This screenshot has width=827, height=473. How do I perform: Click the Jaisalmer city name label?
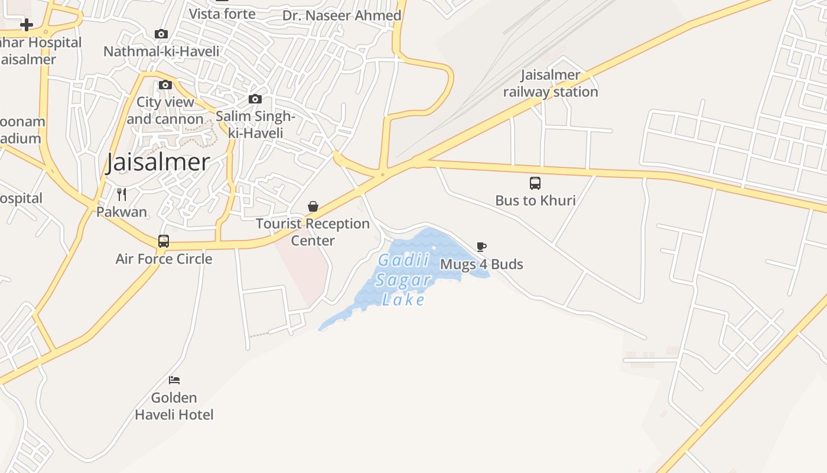point(158,163)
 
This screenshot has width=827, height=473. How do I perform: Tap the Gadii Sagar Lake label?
point(403,280)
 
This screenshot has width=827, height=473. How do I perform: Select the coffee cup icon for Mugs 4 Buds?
point(481,247)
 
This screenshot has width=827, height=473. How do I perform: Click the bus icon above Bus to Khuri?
point(535,183)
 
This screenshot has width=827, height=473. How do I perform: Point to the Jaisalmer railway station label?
point(551,83)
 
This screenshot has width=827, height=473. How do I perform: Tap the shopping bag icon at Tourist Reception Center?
point(313,206)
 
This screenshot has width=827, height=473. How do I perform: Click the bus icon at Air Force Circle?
point(164,241)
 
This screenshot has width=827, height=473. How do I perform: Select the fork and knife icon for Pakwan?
point(122,194)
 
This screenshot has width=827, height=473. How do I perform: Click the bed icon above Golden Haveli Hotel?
point(174,380)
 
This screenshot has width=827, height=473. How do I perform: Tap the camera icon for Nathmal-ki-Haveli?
point(161,34)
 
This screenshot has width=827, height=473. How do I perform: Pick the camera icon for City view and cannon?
point(165,85)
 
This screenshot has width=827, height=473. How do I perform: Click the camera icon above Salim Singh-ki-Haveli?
point(255,99)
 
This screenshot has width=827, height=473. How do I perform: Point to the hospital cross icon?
point(27,25)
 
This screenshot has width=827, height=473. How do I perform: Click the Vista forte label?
point(222,14)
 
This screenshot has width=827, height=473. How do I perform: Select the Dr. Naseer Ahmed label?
point(342,15)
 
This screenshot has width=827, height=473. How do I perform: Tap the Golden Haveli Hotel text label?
point(174,406)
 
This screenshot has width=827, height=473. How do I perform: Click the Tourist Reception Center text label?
point(312,232)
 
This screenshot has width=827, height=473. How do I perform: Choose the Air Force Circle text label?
point(164,258)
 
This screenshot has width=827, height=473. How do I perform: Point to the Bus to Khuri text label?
point(535,200)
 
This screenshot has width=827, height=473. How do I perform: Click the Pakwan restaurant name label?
point(122,212)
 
